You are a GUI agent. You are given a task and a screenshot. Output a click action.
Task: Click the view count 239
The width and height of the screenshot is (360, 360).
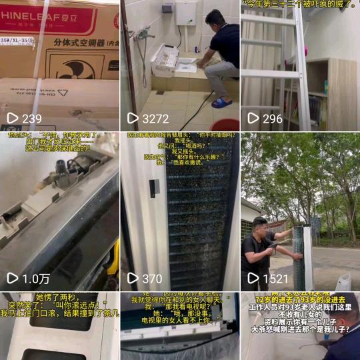pos(31,119)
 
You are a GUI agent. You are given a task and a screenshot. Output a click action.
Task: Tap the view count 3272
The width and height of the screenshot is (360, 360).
pos(155,119)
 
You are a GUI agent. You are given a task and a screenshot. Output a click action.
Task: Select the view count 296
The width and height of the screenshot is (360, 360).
pos(272,119)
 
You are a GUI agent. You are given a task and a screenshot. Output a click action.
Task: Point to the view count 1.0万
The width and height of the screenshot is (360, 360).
pos(35,278)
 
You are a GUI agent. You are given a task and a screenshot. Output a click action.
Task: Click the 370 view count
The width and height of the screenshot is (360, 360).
pos(152,278)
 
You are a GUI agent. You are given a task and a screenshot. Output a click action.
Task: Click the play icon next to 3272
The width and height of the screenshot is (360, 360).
pos(133,119)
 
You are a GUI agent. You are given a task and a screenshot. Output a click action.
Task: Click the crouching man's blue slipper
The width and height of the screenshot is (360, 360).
pos(221,103)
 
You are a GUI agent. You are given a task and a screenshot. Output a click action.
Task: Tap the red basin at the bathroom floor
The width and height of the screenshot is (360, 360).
pos(225,124)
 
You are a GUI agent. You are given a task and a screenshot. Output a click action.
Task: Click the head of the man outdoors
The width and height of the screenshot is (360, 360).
pos(260,225)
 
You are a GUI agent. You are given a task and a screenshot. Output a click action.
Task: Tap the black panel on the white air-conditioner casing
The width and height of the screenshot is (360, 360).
pos(153,188)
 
